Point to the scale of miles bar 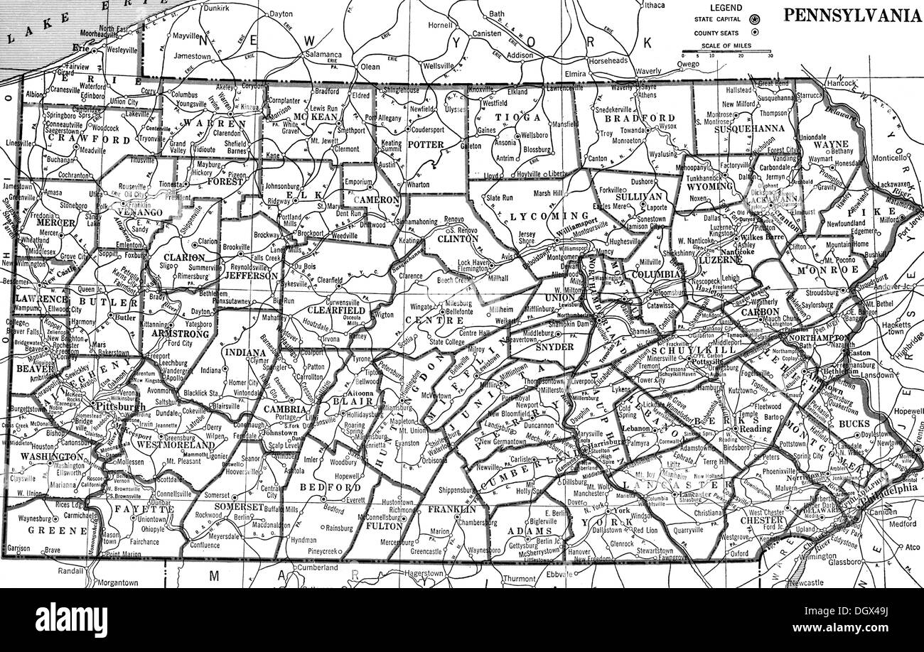726,53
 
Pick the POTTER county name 426,144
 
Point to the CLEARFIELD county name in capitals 336,310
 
